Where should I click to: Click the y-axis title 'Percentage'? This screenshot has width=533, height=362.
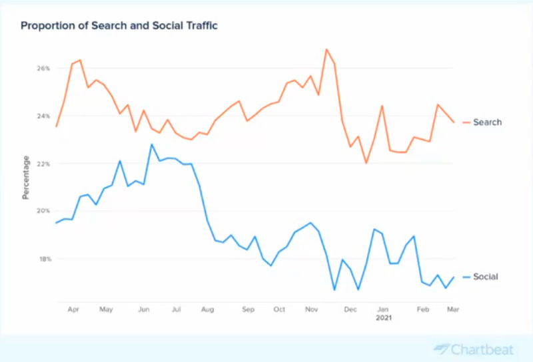tap(26, 177)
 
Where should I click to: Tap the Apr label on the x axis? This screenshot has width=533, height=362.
tap(74, 309)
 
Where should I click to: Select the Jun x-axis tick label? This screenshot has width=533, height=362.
tap(143, 309)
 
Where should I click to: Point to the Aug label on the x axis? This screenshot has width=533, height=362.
tap(207, 309)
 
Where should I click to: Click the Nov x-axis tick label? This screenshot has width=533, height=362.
tap(311, 309)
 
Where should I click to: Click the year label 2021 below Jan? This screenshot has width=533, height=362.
tap(383, 319)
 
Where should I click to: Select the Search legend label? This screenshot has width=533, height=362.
tap(487, 122)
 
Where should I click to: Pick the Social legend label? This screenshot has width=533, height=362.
tap(486, 276)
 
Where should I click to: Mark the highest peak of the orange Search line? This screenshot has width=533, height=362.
tap(326, 49)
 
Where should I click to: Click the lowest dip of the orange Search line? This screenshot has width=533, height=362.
tap(366, 163)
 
